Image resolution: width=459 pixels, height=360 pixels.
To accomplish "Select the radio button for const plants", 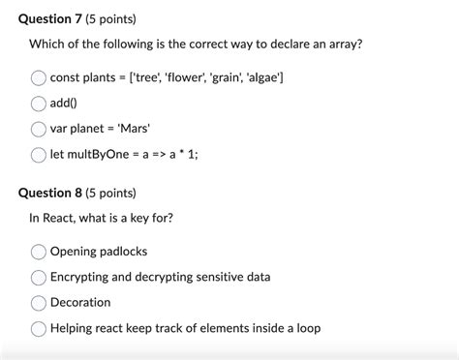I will (x=39, y=77).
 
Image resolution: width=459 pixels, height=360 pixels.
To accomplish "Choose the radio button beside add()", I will (x=39, y=104).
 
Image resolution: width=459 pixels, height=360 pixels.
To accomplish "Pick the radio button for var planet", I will (x=39, y=129).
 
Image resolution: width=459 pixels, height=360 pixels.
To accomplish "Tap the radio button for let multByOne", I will (x=39, y=155).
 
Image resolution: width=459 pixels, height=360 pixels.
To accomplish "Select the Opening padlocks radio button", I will (x=39, y=252).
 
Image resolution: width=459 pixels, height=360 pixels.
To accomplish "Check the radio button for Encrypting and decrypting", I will (x=39, y=278).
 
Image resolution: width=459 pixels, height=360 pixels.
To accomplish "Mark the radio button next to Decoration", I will (x=39, y=303).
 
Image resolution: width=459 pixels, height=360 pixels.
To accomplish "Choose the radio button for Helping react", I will (x=39, y=329).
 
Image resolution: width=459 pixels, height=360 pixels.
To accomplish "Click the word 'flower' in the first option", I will (x=182, y=77).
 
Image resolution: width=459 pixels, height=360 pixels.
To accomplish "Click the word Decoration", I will (x=80, y=303).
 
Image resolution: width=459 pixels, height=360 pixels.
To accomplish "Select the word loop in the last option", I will (x=304, y=329).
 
